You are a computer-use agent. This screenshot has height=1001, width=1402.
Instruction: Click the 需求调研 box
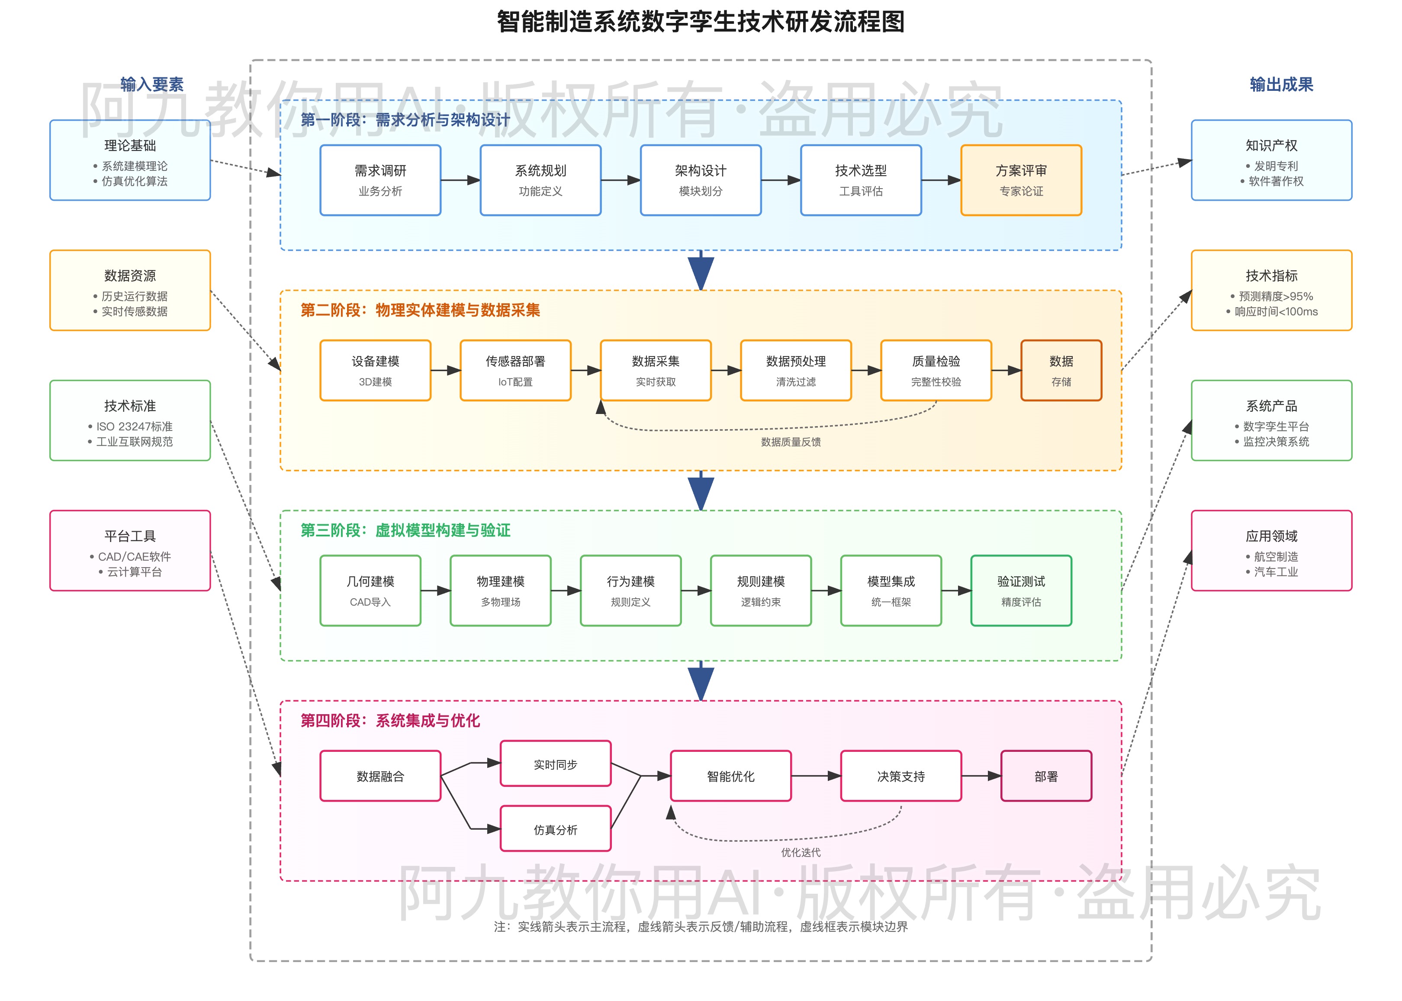380,180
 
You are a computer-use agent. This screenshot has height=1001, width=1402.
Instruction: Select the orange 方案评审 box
1020,180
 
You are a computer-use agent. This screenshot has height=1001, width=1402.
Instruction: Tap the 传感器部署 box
515,370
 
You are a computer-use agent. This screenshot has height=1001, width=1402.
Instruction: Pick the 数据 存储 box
1061,370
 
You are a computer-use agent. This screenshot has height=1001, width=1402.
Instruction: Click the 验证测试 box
1020,590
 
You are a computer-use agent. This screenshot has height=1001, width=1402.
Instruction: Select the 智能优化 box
730,776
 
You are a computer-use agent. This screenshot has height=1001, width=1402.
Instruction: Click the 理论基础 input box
130,160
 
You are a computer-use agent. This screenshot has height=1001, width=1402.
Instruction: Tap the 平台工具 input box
130,550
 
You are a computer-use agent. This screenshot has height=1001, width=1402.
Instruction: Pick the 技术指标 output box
1271,290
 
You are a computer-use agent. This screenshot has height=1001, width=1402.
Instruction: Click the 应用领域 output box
1271,550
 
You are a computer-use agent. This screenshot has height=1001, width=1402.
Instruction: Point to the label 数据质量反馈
791,442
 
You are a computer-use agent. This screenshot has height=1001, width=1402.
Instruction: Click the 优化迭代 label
800,853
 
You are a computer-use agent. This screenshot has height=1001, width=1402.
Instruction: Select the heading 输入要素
152,84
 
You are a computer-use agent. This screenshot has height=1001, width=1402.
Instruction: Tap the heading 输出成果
1281,84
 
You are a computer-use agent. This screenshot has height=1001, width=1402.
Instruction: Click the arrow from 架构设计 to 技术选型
781,180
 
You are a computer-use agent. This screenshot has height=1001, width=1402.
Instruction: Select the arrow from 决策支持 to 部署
980,776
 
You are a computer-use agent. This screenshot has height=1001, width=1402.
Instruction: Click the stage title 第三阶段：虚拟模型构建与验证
405,530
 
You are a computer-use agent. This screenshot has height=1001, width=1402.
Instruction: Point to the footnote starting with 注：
701,927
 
